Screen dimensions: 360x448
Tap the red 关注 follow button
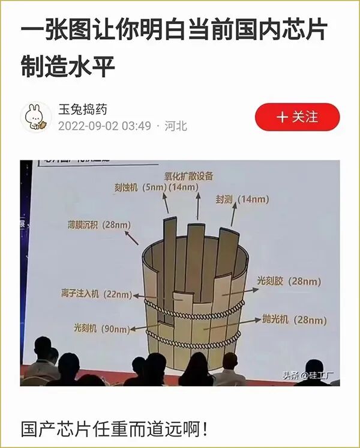(x=297, y=117)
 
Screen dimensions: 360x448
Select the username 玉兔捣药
(x=83, y=109)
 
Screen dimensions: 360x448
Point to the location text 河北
(x=176, y=126)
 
